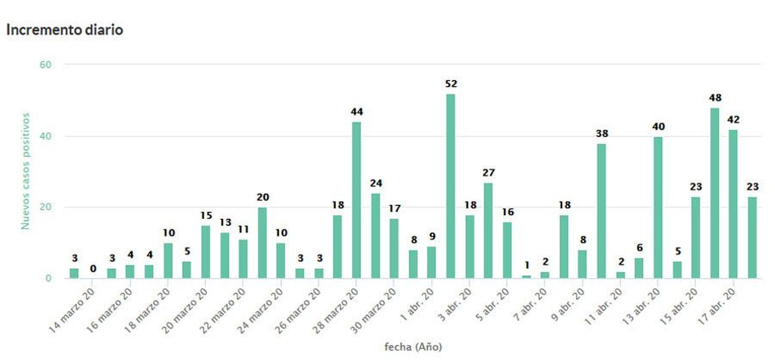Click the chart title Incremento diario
64,30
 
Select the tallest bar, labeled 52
450,186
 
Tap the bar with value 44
356,200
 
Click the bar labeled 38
602,211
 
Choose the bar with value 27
488,231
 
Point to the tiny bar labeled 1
526,277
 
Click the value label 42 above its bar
733,120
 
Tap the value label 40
658,127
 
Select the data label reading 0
93,268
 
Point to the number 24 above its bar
376,183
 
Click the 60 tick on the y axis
45,65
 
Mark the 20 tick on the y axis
45,207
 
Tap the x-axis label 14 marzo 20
72,310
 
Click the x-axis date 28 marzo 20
336,310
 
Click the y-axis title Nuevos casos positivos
25,171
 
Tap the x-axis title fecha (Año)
413,347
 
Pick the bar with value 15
206,252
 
